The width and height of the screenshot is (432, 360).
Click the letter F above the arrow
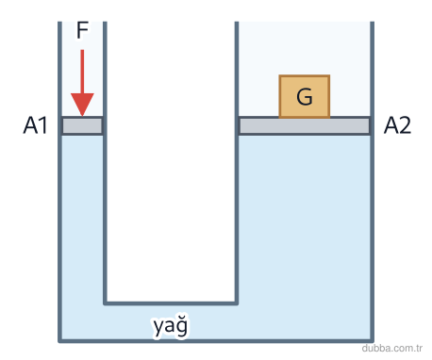[82, 30]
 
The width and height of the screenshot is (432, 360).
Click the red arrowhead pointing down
[82, 105]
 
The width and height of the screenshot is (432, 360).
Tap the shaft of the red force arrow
[82, 72]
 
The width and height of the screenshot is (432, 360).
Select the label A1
[35, 125]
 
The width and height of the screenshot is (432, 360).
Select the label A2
[397, 125]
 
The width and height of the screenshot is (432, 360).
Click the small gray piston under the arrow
[82, 125]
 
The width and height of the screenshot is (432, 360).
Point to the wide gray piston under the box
[305, 125]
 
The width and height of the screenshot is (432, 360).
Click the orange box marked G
[305, 96]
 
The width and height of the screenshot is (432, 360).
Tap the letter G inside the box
[305, 96]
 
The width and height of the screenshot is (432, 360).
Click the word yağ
[171, 326]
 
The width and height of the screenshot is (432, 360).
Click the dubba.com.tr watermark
[391, 348]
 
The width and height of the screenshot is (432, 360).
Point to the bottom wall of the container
[216, 340]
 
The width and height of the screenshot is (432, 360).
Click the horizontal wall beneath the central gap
[171, 303]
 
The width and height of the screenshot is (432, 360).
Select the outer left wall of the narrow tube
[59, 181]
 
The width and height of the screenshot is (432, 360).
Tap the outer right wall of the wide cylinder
[373, 181]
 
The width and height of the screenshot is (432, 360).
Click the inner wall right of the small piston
[105, 163]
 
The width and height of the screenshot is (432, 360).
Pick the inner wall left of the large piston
[237, 163]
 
